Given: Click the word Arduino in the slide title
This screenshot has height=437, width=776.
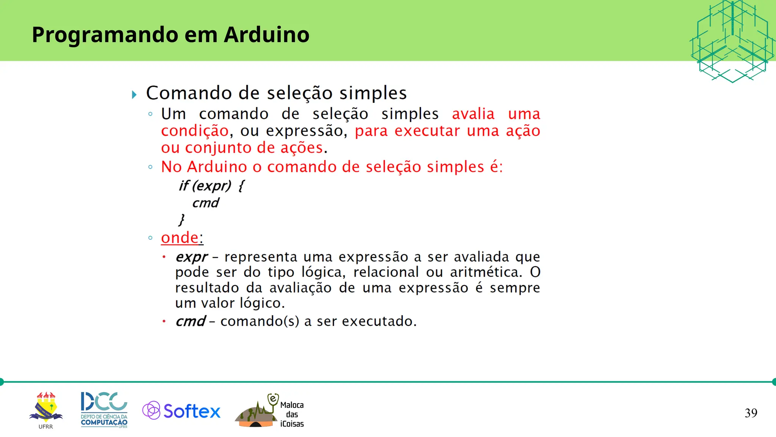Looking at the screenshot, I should [266, 35].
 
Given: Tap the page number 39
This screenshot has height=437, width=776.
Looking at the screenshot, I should [751, 413].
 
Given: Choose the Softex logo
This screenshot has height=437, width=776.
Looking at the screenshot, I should [181, 411].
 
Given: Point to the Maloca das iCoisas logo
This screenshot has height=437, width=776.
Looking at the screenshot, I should [270, 411].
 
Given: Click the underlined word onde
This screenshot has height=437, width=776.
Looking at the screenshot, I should [180, 238].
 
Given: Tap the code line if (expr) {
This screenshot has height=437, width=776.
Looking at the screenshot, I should [211, 185].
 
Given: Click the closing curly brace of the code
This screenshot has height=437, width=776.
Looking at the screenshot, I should [181, 219].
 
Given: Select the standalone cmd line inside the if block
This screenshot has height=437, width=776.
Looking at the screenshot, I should [205, 203].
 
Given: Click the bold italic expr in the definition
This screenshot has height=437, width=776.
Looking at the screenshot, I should [191, 257].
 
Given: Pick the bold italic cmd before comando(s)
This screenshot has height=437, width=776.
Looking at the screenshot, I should [190, 322].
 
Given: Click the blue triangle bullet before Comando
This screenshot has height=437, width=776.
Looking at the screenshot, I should [134, 94].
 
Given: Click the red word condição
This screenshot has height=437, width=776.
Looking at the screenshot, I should [195, 131].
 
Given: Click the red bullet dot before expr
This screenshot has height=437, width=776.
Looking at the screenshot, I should [164, 257].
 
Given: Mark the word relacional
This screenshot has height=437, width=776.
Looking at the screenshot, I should [386, 272].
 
